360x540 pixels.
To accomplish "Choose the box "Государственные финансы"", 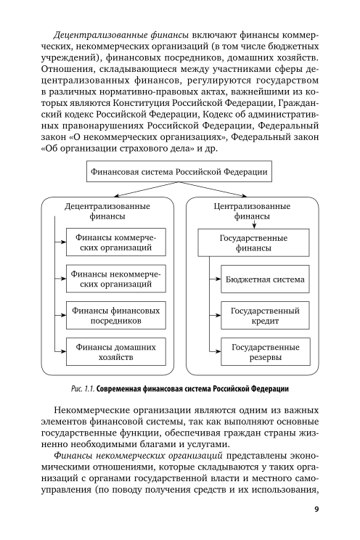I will coord(253,243).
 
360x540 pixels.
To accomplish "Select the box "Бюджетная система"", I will coord(265,279).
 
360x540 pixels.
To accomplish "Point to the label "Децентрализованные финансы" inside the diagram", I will coord(107,211).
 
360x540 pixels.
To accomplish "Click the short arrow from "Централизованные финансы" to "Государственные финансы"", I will coord(253,225).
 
